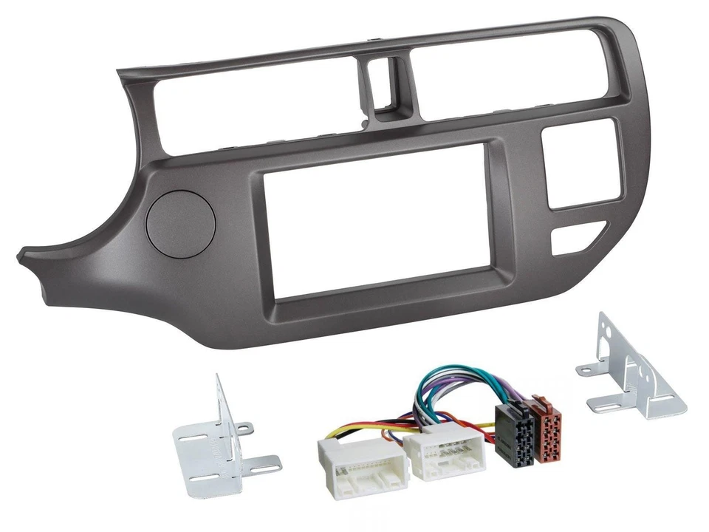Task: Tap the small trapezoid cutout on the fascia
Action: [576, 239]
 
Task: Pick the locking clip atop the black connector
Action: [510, 407]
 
